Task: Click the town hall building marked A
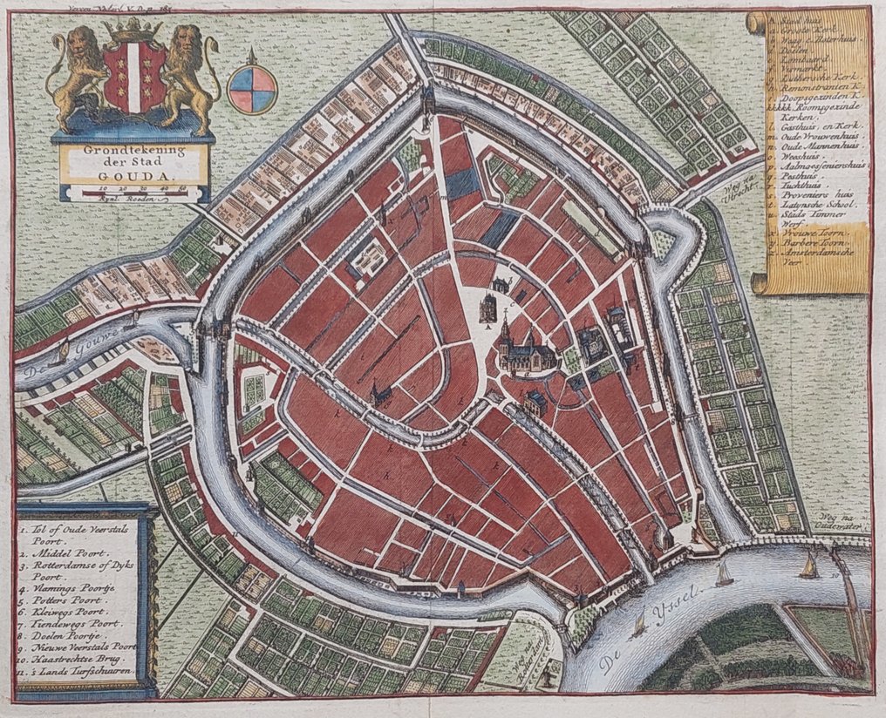488,308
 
